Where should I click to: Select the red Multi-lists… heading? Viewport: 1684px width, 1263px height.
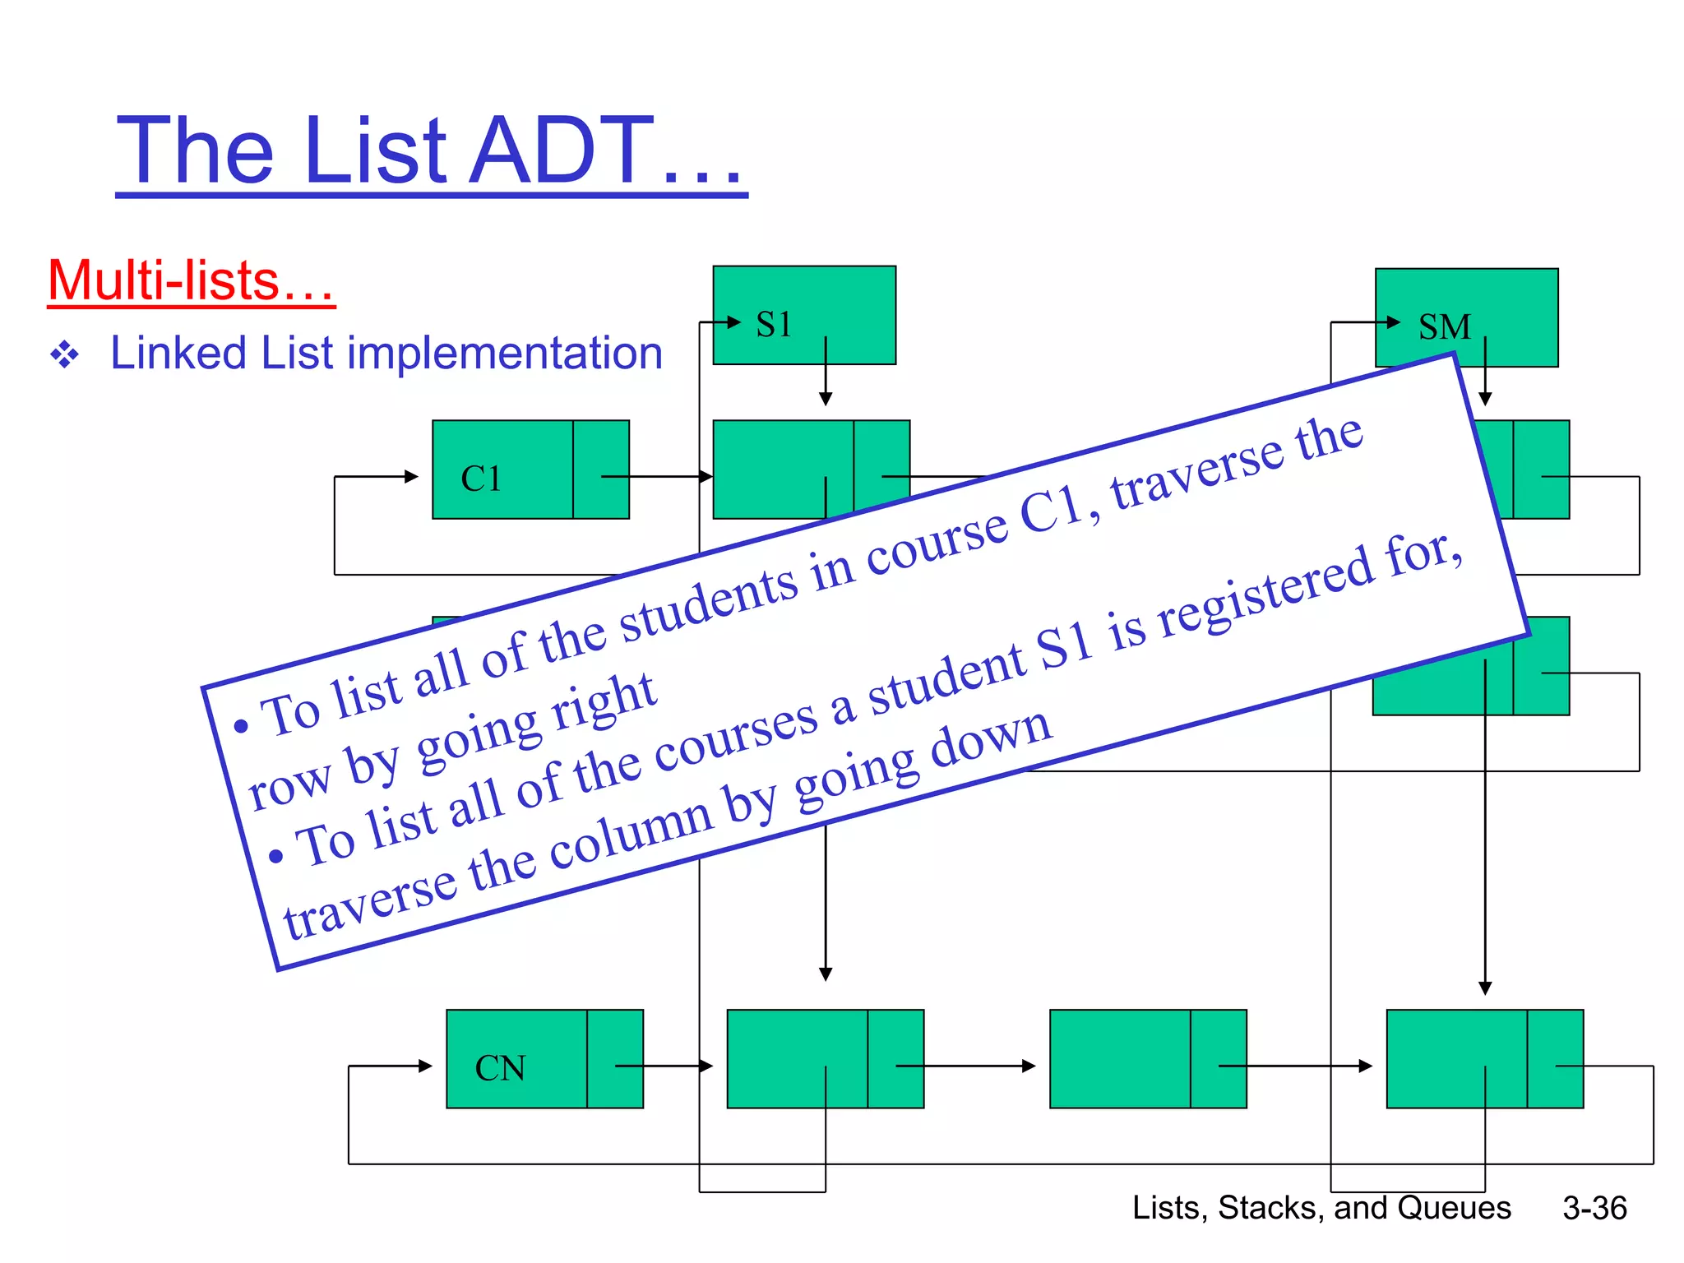point(191,281)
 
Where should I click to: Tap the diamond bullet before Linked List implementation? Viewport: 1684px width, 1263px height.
point(65,355)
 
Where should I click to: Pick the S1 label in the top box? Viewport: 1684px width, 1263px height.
point(773,324)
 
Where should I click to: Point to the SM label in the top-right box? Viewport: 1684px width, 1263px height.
point(1444,327)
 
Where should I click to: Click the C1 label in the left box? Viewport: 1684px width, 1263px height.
point(481,479)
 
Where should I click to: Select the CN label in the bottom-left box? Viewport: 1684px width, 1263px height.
point(500,1068)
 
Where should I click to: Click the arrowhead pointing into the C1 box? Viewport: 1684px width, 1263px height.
point(411,476)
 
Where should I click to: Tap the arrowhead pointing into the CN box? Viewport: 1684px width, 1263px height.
point(425,1066)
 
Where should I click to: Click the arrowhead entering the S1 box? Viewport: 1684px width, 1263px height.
point(734,322)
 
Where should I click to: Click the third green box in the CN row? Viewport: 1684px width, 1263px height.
point(1147,1059)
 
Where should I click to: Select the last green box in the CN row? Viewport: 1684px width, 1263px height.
point(1484,1059)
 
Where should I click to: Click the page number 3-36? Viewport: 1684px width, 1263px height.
point(1594,1208)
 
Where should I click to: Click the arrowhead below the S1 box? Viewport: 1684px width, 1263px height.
point(826,400)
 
